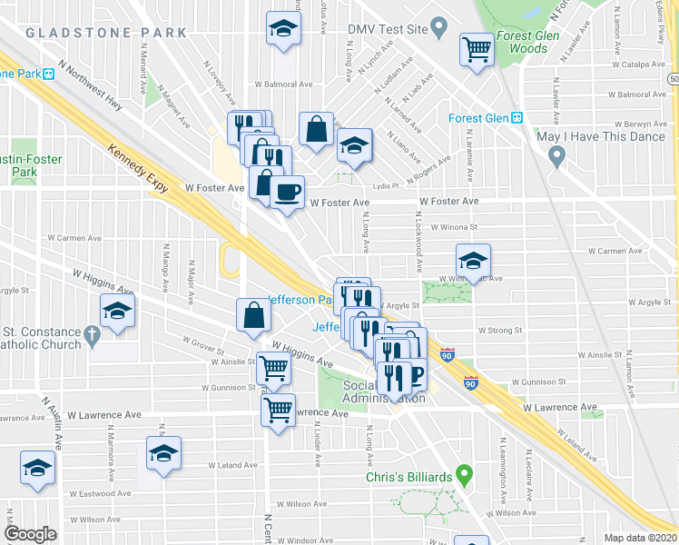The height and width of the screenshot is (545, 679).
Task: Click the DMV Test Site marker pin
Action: pyautogui.click(x=439, y=27)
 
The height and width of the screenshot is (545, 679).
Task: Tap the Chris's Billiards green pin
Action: pyautogui.click(x=465, y=473)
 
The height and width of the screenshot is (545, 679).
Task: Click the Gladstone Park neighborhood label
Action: pyautogui.click(x=106, y=33)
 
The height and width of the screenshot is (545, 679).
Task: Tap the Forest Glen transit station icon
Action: pyautogui.click(x=517, y=118)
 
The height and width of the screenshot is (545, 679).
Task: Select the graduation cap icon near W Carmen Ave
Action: pyautogui.click(x=472, y=261)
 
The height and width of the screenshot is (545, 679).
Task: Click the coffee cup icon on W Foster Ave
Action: pyautogui.click(x=288, y=191)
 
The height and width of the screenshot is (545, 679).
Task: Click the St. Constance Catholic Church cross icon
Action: pyautogui.click(x=91, y=337)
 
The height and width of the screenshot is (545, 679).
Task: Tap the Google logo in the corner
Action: pyautogui.click(x=30, y=534)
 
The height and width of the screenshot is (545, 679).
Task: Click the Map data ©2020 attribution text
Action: pyautogui.click(x=640, y=538)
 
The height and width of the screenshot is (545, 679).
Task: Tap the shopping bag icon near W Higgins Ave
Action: pyautogui.click(x=254, y=315)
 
